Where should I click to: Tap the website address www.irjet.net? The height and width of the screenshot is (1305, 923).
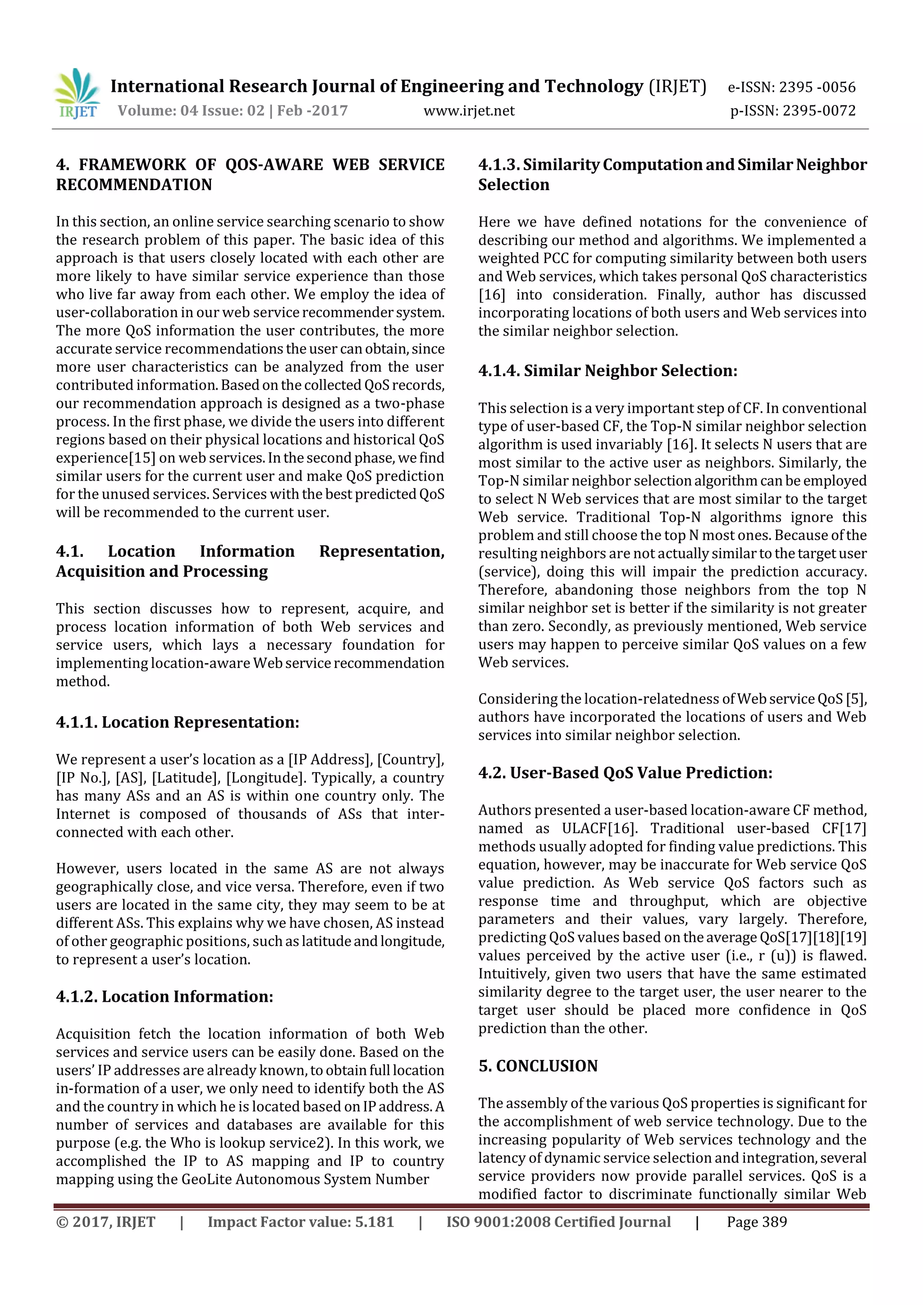[x=469, y=111]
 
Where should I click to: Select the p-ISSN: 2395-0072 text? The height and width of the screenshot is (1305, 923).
[x=792, y=111]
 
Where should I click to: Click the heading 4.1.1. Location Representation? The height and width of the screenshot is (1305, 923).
[x=178, y=723]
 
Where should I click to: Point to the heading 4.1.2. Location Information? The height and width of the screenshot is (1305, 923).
[x=164, y=996]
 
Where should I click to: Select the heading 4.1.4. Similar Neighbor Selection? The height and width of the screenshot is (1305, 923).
[x=608, y=371]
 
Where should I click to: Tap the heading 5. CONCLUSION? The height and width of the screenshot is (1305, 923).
[x=538, y=1066]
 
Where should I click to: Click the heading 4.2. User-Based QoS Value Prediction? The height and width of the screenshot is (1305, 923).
[x=625, y=773]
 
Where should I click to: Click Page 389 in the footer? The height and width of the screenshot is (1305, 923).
[x=756, y=1222]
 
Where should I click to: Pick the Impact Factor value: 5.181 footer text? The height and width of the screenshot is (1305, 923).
[x=300, y=1222]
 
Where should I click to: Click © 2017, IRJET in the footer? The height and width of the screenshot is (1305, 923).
[x=106, y=1222]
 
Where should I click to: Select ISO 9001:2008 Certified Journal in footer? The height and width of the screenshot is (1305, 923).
[x=558, y=1222]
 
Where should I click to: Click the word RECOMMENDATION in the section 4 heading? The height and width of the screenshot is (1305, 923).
[x=134, y=185]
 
